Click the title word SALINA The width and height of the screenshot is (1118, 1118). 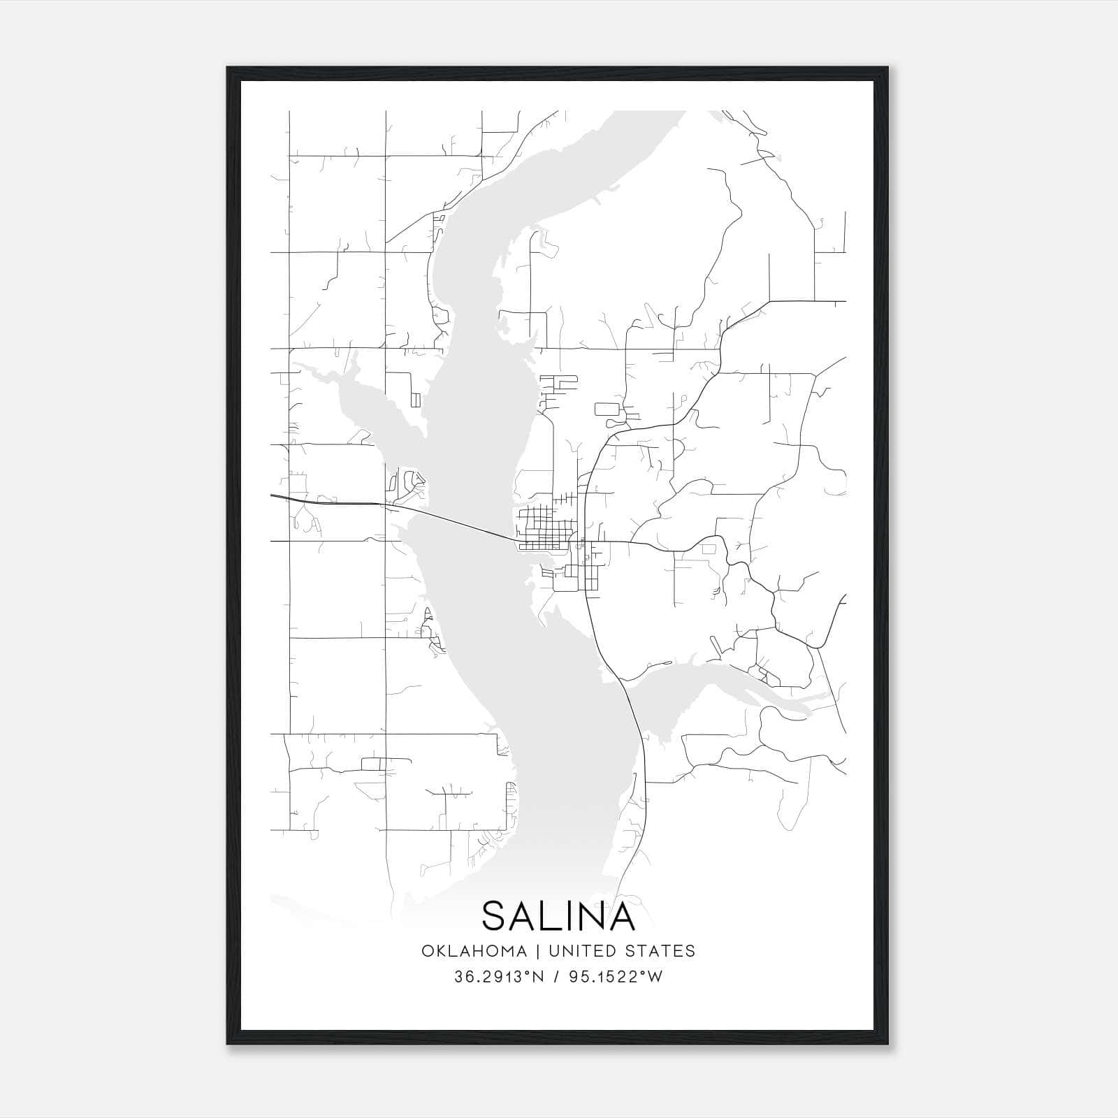coord(558,916)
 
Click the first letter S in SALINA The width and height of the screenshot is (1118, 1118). coord(495,916)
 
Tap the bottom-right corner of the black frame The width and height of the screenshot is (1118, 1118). coord(887,1044)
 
